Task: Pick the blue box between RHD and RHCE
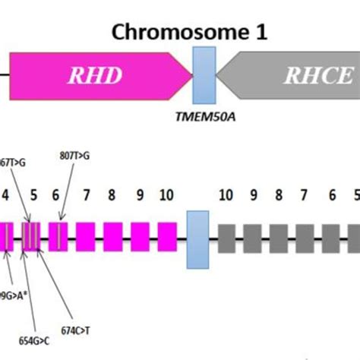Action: [x=205, y=75]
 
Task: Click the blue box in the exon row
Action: [x=197, y=235]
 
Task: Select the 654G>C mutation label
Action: [x=27, y=331]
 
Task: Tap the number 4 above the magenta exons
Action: [x=5, y=195]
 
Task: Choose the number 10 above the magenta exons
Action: [x=166, y=195]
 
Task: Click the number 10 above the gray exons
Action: [x=226, y=195]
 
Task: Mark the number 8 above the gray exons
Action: [x=279, y=195]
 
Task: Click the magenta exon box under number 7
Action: [x=85, y=235]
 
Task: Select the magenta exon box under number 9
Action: [x=140, y=235]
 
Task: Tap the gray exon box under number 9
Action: [x=253, y=235]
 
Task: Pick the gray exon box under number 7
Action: [x=305, y=235]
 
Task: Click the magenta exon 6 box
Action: [x=58, y=235]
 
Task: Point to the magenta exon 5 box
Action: [x=32, y=235]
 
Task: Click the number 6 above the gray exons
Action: [x=331, y=195]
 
